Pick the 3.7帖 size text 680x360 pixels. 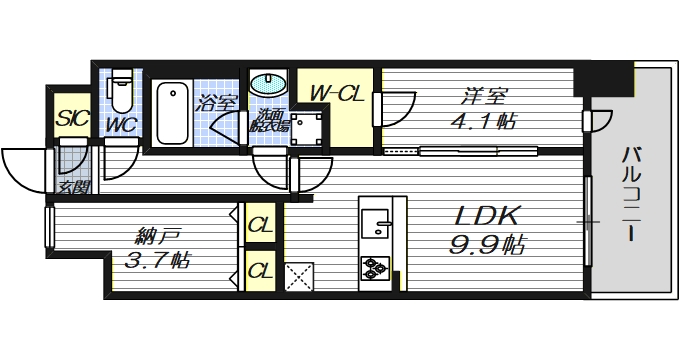[155, 262]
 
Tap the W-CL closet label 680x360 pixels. [334, 94]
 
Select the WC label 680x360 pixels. [121, 125]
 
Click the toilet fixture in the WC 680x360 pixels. [121, 93]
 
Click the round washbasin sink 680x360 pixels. [267, 84]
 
